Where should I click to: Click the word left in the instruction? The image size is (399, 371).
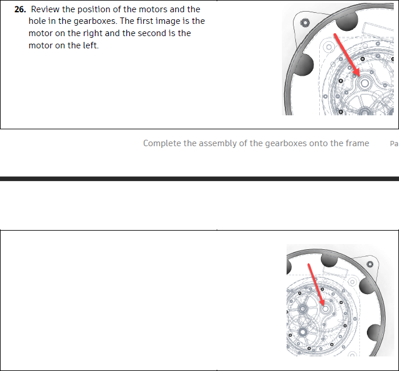[x=89, y=45]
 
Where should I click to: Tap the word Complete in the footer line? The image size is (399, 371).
[x=161, y=143]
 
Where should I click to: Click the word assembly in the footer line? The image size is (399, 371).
[x=217, y=143]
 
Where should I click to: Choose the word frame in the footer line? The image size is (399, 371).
[x=356, y=143]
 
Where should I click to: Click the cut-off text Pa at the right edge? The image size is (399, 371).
[x=394, y=143]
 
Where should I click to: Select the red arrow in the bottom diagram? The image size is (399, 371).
[x=315, y=286]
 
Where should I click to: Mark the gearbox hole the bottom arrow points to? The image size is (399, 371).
[x=324, y=309]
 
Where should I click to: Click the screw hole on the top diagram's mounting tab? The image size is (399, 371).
[x=303, y=24]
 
